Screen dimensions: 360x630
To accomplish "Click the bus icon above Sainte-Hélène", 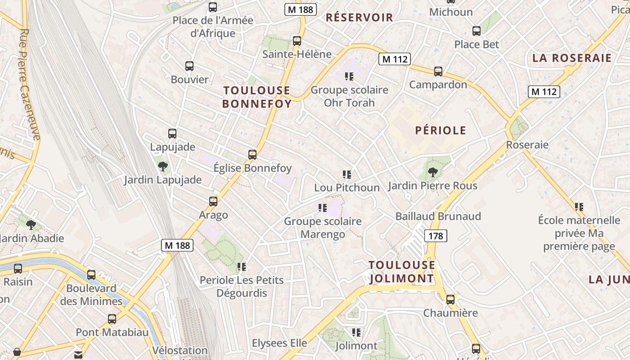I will [x=297, y=41].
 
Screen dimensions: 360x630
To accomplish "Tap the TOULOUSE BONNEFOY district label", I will [x=257, y=97].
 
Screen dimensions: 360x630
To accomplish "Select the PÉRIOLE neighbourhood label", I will [x=441, y=130].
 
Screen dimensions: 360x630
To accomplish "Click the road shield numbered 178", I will [x=436, y=236].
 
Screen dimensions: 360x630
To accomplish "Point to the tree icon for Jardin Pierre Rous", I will [x=432, y=172].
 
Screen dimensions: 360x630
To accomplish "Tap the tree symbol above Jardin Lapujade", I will [x=163, y=166].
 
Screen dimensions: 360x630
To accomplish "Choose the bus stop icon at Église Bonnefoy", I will [x=252, y=155].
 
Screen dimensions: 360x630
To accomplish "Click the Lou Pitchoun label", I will [x=346, y=188].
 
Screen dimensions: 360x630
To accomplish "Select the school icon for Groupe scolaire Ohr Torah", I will [x=349, y=76].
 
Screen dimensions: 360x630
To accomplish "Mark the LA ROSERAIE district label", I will [x=572, y=58].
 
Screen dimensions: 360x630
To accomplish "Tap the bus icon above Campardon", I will [x=438, y=72].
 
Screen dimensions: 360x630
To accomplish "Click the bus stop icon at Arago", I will [x=213, y=202].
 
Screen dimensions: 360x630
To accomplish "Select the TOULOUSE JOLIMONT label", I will [x=402, y=272].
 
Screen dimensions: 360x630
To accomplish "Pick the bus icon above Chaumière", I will [x=450, y=300].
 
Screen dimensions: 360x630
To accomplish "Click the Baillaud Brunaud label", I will [x=438, y=216].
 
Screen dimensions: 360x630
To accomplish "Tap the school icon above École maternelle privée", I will [x=579, y=207].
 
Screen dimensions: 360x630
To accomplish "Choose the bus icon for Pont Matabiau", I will [x=112, y=319].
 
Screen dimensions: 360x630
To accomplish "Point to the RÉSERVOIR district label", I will [x=359, y=18].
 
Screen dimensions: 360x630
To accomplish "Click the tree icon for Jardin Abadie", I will [x=31, y=225].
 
